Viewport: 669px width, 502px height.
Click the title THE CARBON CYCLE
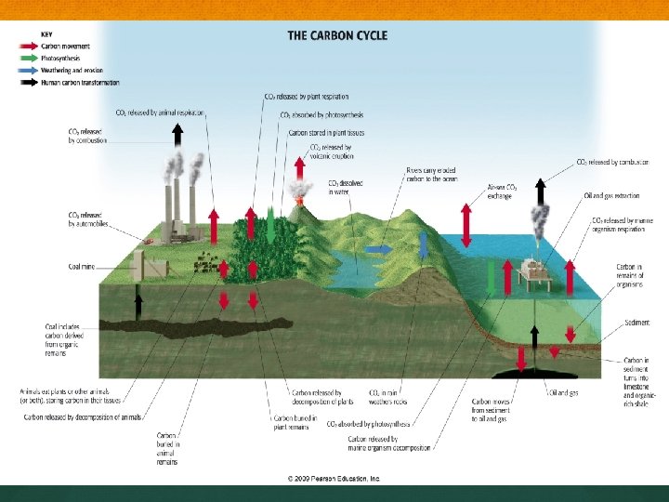pyautogui.click(x=337, y=36)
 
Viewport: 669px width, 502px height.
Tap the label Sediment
pyautogui.click(x=636, y=323)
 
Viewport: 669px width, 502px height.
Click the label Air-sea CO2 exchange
pyautogui.click(x=502, y=192)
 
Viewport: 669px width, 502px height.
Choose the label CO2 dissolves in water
pyautogui.click(x=345, y=188)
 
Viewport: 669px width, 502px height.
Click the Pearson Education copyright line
pyautogui.click(x=334, y=479)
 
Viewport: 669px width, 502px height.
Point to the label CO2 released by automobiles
pyautogui.click(x=87, y=219)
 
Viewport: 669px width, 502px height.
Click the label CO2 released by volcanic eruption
pyautogui.click(x=331, y=152)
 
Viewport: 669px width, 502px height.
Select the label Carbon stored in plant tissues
pyautogui.click(x=324, y=132)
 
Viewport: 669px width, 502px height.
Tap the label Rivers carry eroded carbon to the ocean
pyautogui.click(x=433, y=175)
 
